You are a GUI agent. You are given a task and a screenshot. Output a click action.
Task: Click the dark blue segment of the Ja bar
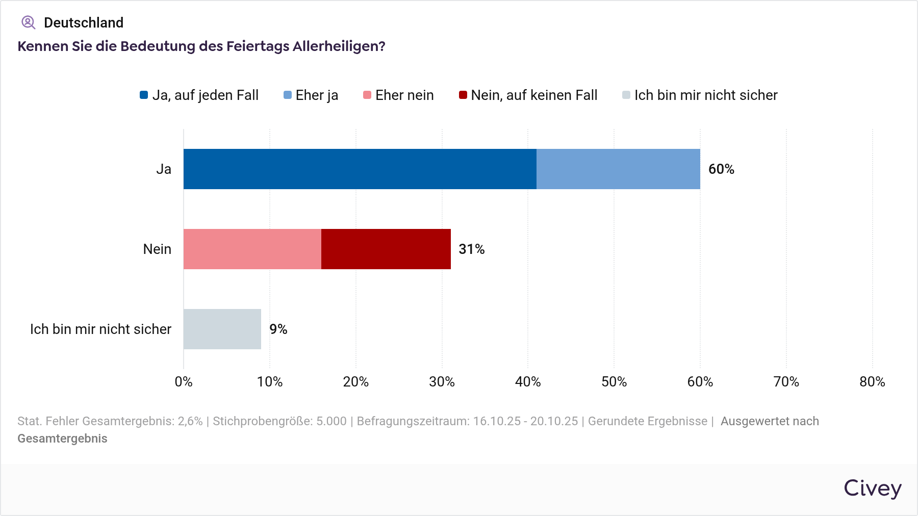point(360,169)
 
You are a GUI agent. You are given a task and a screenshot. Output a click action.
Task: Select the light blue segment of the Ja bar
point(618,169)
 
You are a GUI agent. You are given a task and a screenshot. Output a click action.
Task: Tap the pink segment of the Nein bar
point(252,249)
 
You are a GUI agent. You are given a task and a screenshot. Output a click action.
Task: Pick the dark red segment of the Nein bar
point(386,249)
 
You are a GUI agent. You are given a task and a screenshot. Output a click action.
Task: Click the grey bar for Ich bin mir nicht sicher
point(222,329)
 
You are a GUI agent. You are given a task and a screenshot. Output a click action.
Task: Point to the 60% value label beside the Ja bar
point(721,169)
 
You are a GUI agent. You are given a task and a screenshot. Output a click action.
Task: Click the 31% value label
point(471,249)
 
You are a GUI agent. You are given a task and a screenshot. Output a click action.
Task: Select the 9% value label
point(278,329)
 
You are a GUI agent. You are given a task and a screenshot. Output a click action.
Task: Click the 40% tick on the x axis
point(528,382)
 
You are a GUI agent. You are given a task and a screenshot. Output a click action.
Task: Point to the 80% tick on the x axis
point(872,382)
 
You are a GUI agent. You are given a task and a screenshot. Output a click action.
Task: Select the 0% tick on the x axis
point(184,382)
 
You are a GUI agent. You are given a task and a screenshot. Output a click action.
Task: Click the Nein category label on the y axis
point(157,249)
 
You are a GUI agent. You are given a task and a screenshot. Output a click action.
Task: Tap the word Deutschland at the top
point(84,22)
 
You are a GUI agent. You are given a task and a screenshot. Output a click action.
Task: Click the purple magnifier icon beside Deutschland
point(28,22)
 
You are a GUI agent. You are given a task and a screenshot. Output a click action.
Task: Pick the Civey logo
point(873,488)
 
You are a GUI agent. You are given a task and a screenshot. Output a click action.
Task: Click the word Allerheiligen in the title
point(339,46)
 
